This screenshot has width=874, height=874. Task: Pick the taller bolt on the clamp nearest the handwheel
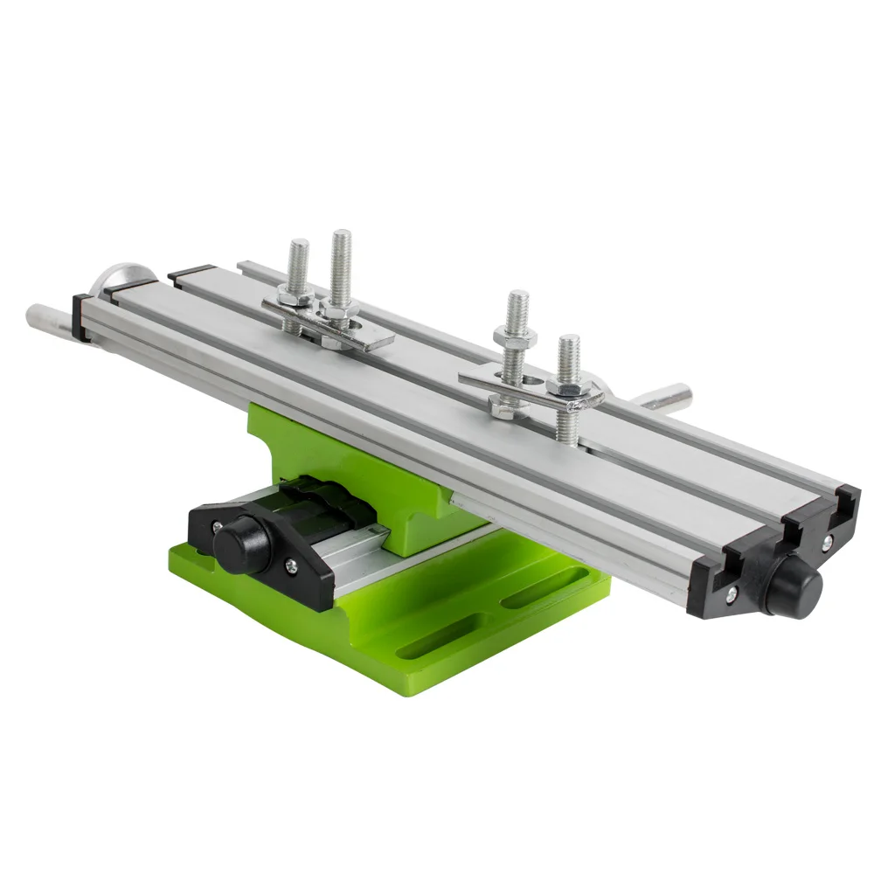[x=340, y=262]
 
